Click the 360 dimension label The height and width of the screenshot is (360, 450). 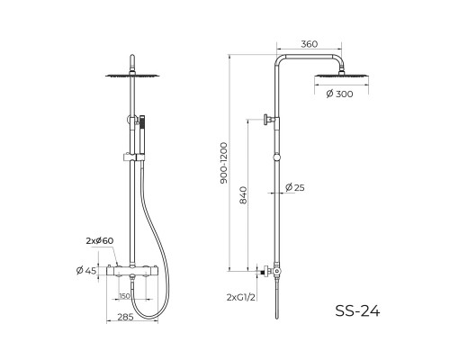point(309,44)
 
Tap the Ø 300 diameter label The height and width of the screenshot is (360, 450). point(339,94)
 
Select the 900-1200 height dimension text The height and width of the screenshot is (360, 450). point(224,163)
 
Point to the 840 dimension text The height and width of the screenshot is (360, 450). point(243,195)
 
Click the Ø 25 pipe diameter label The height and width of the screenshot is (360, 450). point(295,187)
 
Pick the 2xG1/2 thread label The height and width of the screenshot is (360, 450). point(241,297)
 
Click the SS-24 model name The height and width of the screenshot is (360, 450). point(357,310)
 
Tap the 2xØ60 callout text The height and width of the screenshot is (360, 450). point(100,240)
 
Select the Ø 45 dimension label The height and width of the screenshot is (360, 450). point(86,271)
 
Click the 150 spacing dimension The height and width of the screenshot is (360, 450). point(125,296)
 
